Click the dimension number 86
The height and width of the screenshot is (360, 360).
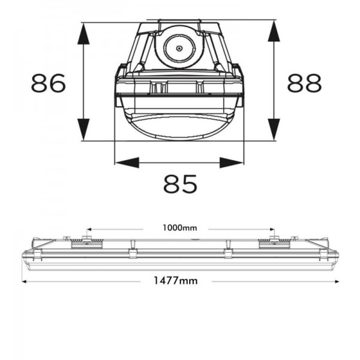[x=49, y=83]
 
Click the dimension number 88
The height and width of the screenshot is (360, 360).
[x=304, y=83]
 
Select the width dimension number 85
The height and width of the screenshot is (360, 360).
[x=180, y=184]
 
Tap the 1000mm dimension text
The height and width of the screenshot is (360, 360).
[x=180, y=228]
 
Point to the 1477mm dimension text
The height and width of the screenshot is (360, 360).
[x=176, y=281]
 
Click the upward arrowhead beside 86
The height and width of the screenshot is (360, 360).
[x=83, y=34]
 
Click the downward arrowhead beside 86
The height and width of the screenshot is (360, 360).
[x=83, y=129]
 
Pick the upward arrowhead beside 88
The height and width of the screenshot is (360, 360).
[x=274, y=31]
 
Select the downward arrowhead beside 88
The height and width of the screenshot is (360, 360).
[x=274, y=129]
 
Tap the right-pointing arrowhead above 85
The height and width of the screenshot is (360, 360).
[x=232, y=163]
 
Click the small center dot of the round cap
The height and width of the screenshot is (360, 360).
[x=179, y=49]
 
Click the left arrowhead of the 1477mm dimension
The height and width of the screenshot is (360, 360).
[x=25, y=281]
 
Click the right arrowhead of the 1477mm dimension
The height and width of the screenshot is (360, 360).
[x=337, y=281]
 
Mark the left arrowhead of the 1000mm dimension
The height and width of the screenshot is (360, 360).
[x=89, y=229]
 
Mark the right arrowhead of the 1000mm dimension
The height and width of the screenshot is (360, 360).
[x=272, y=229]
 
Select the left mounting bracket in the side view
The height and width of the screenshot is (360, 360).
[x=86, y=242]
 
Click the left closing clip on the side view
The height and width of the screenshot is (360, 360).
[x=132, y=253]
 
